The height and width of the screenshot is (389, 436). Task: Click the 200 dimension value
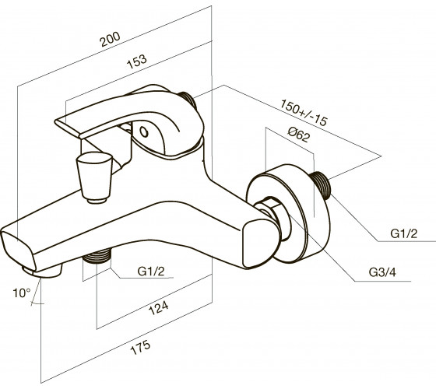[110, 39]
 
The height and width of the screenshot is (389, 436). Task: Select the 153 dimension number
[136, 61]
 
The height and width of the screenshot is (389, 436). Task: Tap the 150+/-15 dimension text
[304, 113]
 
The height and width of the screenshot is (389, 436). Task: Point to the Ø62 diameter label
[298, 134]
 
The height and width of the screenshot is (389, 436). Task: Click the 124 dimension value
[159, 307]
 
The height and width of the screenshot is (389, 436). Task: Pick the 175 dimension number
[140, 347]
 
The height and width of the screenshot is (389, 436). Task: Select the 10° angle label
[22, 293]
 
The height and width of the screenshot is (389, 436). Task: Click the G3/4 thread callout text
[382, 272]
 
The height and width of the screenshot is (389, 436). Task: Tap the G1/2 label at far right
[404, 233]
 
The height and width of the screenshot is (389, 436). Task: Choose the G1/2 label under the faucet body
[151, 272]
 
